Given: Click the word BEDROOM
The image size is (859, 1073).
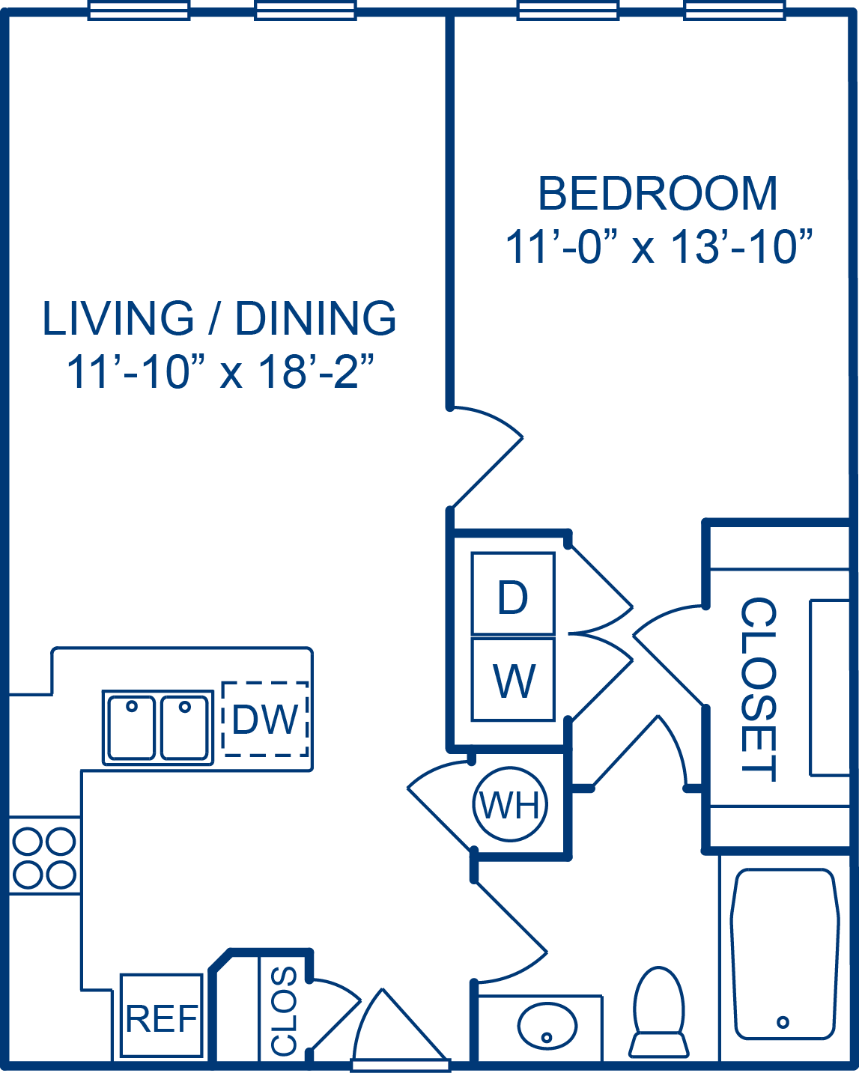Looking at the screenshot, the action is pyautogui.click(x=658, y=193).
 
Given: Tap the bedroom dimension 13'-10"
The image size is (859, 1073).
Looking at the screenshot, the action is pyautogui.click(x=743, y=247).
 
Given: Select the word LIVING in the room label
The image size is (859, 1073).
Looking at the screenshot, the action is pyautogui.click(x=118, y=318).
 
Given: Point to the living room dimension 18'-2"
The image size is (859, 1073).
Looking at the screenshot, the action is pyautogui.click(x=316, y=371).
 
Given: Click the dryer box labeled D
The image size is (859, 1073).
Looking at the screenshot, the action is pyautogui.click(x=513, y=593).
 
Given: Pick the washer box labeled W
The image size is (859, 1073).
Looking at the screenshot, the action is pyautogui.click(x=513, y=679).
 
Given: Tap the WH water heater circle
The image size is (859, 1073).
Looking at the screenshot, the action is pyautogui.click(x=510, y=803).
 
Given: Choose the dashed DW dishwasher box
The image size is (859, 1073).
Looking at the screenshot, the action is pyautogui.click(x=265, y=719).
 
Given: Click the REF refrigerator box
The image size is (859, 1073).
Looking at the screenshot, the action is pyautogui.click(x=162, y=1015).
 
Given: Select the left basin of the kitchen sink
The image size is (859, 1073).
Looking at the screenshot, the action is pyautogui.click(x=131, y=728).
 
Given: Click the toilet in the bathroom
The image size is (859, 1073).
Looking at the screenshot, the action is pyautogui.click(x=658, y=1012).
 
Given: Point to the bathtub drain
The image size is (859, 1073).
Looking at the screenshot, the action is pyautogui.click(x=783, y=1023).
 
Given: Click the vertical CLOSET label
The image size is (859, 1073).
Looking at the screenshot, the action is pyautogui.click(x=758, y=690).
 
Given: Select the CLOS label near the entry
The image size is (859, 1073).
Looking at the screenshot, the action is pyautogui.click(x=284, y=1011).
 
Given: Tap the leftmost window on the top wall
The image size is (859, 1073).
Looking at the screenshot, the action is pyautogui.click(x=139, y=10).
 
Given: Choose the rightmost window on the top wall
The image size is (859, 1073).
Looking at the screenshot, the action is pyautogui.click(x=735, y=10).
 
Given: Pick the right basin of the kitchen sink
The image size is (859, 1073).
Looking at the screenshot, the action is pyautogui.click(x=184, y=728).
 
